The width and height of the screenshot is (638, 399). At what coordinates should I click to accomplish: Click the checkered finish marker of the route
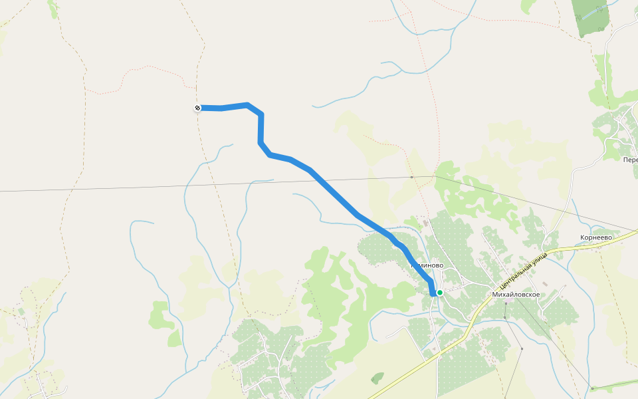(197, 108)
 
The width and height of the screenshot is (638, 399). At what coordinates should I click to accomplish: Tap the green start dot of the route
(439, 292)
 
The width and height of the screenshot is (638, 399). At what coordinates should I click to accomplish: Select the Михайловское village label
(516, 294)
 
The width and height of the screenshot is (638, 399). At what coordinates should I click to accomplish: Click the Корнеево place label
(595, 237)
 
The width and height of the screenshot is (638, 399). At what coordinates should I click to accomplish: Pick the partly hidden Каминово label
(429, 265)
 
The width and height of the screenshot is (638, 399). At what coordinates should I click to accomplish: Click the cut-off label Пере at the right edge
(630, 160)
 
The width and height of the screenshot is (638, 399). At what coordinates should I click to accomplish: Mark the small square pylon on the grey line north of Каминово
(412, 178)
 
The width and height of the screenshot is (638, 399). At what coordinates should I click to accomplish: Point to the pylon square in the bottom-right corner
(591, 388)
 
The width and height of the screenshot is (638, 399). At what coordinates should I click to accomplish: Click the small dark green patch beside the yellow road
(377, 378)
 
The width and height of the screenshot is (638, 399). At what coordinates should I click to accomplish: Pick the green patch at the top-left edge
(53, 8)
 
